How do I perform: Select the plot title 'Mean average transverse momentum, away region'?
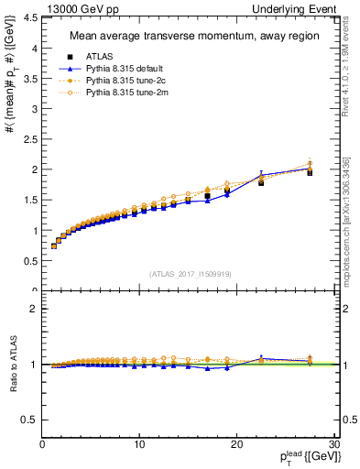click(x=188, y=37)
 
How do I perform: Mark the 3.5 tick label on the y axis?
click(x=30, y=79)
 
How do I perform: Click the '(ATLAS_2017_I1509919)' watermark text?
click(x=190, y=273)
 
